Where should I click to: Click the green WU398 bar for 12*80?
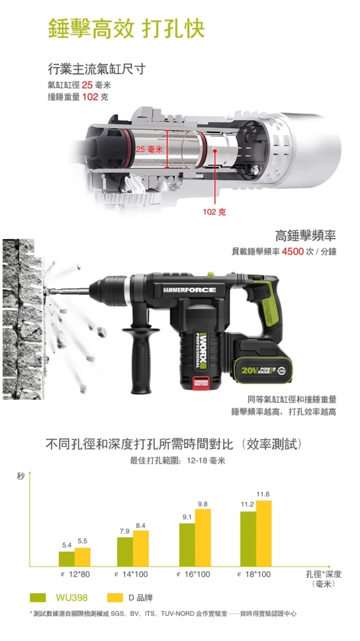[x=67, y=558]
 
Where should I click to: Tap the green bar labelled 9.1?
[x=187, y=544]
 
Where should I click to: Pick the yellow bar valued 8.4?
[x=141, y=548]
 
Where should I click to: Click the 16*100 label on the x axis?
[x=194, y=574]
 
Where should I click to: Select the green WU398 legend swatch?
[x=38, y=597]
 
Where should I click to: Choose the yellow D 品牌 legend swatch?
[x=115, y=597]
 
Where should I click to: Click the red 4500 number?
[x=293, y=251]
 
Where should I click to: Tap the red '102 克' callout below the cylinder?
[x=214, y=212]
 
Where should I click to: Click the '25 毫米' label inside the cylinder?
[x=149, y=149]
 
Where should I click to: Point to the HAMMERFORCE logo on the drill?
[x=189, y=290]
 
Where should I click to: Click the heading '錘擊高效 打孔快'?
[x=126, y=28]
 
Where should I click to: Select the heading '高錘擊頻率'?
[x=306, y=236]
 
